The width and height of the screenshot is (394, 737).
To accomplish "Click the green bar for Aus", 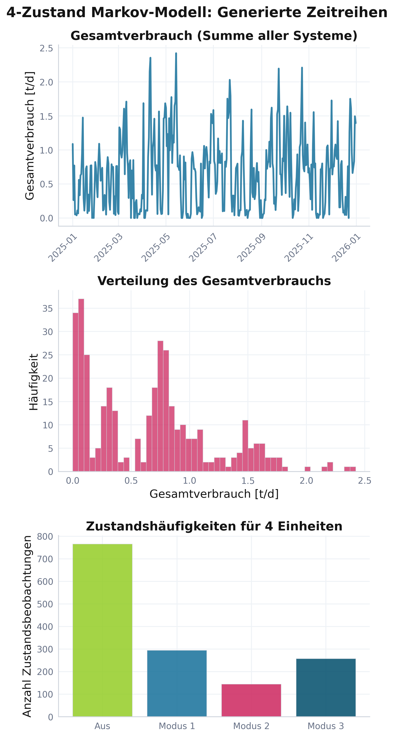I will [x=102, y=629].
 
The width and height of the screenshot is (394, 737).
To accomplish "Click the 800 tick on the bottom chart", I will [x=45, y=537].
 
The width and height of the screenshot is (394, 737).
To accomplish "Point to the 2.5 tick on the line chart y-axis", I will [x=46, y=48].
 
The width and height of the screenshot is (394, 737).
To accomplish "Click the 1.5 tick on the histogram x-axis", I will [x=248, y=481].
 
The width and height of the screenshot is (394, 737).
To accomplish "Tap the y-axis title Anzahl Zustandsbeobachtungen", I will [x=27, y=627].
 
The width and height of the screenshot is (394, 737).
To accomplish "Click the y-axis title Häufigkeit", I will [x=33, y=382].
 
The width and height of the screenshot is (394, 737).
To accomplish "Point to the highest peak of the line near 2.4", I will [x=176, y=53].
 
